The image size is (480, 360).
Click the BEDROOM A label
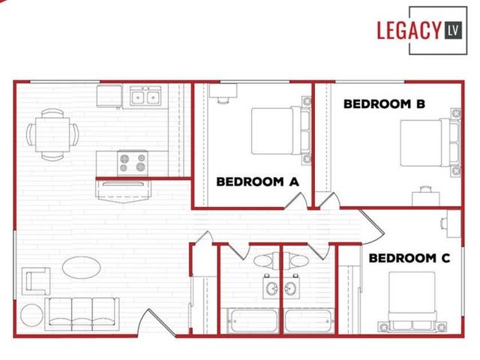257,181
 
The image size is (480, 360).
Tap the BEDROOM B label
384,104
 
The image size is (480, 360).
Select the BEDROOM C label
409,258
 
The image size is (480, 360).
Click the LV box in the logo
453,30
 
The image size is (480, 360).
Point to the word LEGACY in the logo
409,30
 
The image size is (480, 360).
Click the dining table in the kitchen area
52,134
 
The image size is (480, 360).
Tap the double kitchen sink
145,96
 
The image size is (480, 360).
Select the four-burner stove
133,163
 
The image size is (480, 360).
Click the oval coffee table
81,267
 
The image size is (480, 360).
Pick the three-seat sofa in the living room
82,313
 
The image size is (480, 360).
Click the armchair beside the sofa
36,281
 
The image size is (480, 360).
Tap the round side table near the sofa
31,315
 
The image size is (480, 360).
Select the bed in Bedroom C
412,301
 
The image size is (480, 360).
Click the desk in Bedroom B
425,198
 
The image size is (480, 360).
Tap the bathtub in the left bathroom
253,321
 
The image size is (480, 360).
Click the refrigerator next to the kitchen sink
109,96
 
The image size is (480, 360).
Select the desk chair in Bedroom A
223,100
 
